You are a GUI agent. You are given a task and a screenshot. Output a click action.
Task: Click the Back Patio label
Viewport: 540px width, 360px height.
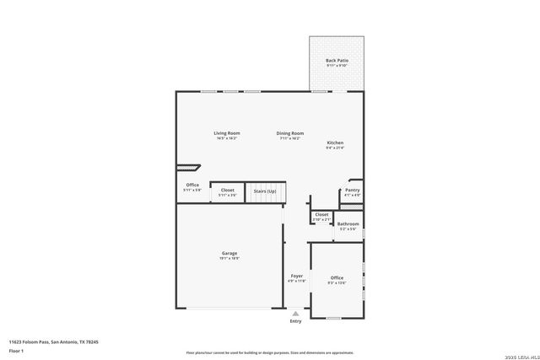337,62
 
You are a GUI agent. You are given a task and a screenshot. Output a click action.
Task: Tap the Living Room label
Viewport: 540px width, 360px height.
226,133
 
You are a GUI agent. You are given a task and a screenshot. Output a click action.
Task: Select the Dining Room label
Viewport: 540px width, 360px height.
290,133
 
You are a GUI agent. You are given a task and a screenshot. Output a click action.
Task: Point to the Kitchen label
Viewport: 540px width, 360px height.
335,143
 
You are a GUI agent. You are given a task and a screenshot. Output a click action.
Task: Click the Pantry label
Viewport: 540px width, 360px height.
352,191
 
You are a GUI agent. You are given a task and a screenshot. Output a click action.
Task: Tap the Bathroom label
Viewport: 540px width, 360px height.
348,224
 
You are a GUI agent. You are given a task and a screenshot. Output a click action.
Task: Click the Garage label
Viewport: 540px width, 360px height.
229,254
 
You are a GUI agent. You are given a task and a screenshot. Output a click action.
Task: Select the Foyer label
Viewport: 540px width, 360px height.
297,276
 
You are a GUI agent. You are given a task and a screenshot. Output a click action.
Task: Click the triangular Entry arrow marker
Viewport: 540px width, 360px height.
295,313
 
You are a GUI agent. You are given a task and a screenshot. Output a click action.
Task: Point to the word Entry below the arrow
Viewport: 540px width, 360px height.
295,321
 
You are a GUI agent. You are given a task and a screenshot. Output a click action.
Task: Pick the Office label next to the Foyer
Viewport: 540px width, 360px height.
337,278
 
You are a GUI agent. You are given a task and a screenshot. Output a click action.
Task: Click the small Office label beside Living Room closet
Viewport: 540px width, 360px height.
192,185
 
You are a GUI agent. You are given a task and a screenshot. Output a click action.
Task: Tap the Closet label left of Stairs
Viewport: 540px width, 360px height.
228,191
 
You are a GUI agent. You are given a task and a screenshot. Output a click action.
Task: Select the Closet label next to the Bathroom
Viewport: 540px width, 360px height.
321,215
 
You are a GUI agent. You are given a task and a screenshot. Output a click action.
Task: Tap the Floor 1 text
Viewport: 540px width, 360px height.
16,350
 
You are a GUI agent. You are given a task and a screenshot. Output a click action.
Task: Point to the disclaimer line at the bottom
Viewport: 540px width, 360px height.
270,352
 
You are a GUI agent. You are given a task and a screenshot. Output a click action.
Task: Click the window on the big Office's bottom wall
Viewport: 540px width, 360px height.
333,318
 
